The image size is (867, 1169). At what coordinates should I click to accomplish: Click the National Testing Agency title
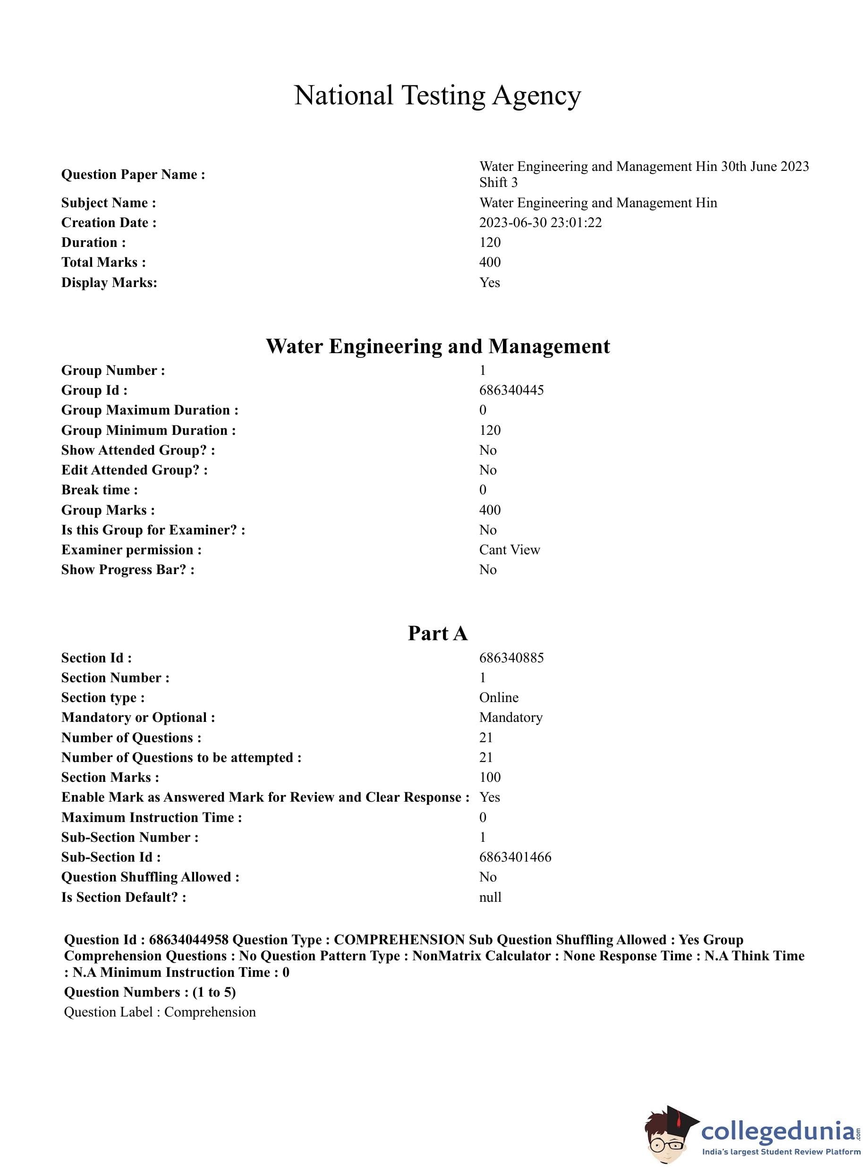coord(437,96)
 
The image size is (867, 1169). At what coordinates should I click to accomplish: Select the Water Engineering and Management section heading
coord(437,346)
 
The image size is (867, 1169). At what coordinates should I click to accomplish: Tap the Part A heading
coord(437,633)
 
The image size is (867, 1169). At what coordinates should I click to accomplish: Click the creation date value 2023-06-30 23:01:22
coord(540,222)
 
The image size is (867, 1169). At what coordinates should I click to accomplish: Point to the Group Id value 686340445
coord(511,390)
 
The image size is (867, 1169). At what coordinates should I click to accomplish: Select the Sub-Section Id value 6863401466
coord(515,857)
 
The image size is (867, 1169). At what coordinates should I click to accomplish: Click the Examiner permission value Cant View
coord(509,550)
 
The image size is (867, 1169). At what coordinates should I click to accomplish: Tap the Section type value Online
coord(499,697)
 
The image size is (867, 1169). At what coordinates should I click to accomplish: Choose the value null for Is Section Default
coord(490,897)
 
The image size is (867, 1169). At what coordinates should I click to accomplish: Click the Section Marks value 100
coord(490,777)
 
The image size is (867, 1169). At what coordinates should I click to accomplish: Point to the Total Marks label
coord(103,263)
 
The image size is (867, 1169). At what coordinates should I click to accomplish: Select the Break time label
coord(99,490)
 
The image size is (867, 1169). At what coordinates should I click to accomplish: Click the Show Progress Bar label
coord(127,569)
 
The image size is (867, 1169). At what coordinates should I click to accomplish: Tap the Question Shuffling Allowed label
coord(150,877)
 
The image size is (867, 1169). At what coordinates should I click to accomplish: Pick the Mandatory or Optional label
coord(138,717)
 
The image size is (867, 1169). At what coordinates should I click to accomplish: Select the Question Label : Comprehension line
coord(160,1012)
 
